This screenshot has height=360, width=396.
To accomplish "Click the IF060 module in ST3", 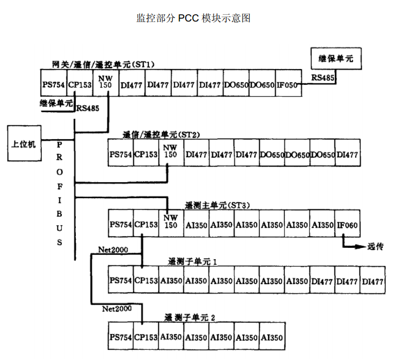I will click(347, 225).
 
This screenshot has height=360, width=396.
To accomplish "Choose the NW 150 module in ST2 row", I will click(170, 154).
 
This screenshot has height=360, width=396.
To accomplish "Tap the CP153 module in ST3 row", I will click(146, 225).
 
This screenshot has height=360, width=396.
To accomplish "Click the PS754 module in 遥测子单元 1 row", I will click(121, 281).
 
